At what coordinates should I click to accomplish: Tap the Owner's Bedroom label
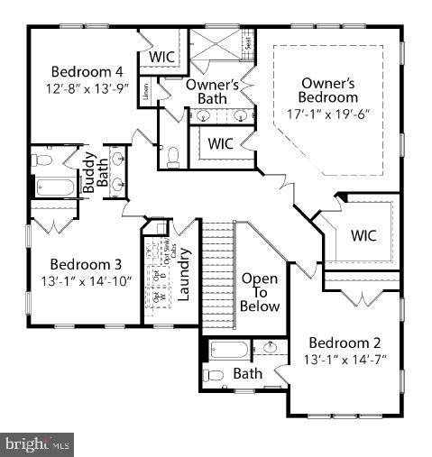coord(329,90)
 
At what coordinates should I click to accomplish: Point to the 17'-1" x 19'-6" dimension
coord(329,114)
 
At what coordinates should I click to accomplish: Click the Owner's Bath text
coord(211,91)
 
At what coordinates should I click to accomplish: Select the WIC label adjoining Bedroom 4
coord(162,57)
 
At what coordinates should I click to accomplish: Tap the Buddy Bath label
coord(96,178)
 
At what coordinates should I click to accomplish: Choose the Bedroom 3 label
coord(86,264)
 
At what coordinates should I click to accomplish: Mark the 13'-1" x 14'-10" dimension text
coord(86,280)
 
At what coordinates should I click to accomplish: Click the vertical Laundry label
coord(183,276)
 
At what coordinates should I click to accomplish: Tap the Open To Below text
coord(260,292)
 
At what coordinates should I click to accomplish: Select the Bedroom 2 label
coord(345,343)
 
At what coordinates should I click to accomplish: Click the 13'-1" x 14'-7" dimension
coord(345,359)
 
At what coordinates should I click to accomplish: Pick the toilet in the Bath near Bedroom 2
coord(212,375)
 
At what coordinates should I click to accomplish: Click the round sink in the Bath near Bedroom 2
coord(271,348)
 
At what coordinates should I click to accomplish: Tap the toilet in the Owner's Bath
coord(173,158)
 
